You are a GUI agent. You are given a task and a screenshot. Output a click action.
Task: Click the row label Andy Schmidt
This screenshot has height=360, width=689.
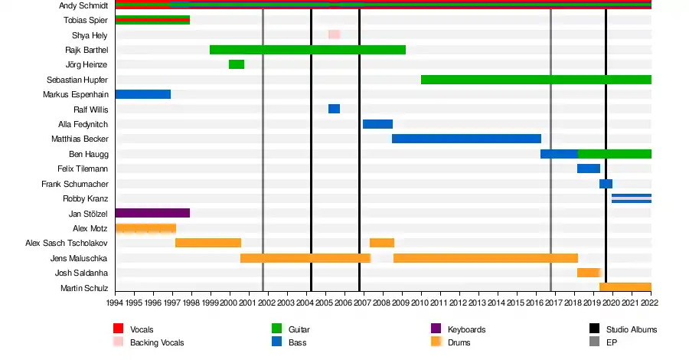point(82,5)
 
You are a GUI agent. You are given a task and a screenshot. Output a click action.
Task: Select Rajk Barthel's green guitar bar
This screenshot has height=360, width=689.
point(307,50)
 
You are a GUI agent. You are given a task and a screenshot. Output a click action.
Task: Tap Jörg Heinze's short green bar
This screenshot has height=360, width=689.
point(237,64)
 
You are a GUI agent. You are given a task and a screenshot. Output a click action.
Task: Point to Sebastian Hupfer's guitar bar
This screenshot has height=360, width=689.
point(536,80)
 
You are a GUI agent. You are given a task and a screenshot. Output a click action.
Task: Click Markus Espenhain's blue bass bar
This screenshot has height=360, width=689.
point(142,94)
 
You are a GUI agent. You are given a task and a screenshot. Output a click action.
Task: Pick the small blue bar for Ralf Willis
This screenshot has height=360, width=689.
point(334,109)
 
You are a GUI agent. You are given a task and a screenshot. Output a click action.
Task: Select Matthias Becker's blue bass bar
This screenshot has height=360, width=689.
point(466,139)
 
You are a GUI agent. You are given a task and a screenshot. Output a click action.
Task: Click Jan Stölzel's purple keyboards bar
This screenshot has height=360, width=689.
point(152,213)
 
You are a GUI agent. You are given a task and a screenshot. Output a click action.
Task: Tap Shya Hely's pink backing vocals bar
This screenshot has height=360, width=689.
point(334,34)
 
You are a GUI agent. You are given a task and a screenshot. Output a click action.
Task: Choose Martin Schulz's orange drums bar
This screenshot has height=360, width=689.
point(625,287)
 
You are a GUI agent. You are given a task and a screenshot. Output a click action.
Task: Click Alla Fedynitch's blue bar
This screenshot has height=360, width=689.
point(377,124)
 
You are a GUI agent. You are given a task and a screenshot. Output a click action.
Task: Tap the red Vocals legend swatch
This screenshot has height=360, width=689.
point(118,329)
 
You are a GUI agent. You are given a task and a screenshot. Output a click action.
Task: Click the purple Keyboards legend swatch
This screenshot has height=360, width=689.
point(436,329)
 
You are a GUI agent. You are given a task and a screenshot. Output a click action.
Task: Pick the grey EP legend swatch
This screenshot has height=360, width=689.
point(594,342)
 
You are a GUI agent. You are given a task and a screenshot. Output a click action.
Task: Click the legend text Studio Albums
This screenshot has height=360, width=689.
point(632,329)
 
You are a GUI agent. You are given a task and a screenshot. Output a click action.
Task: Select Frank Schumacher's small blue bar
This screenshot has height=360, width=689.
point(606,184)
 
